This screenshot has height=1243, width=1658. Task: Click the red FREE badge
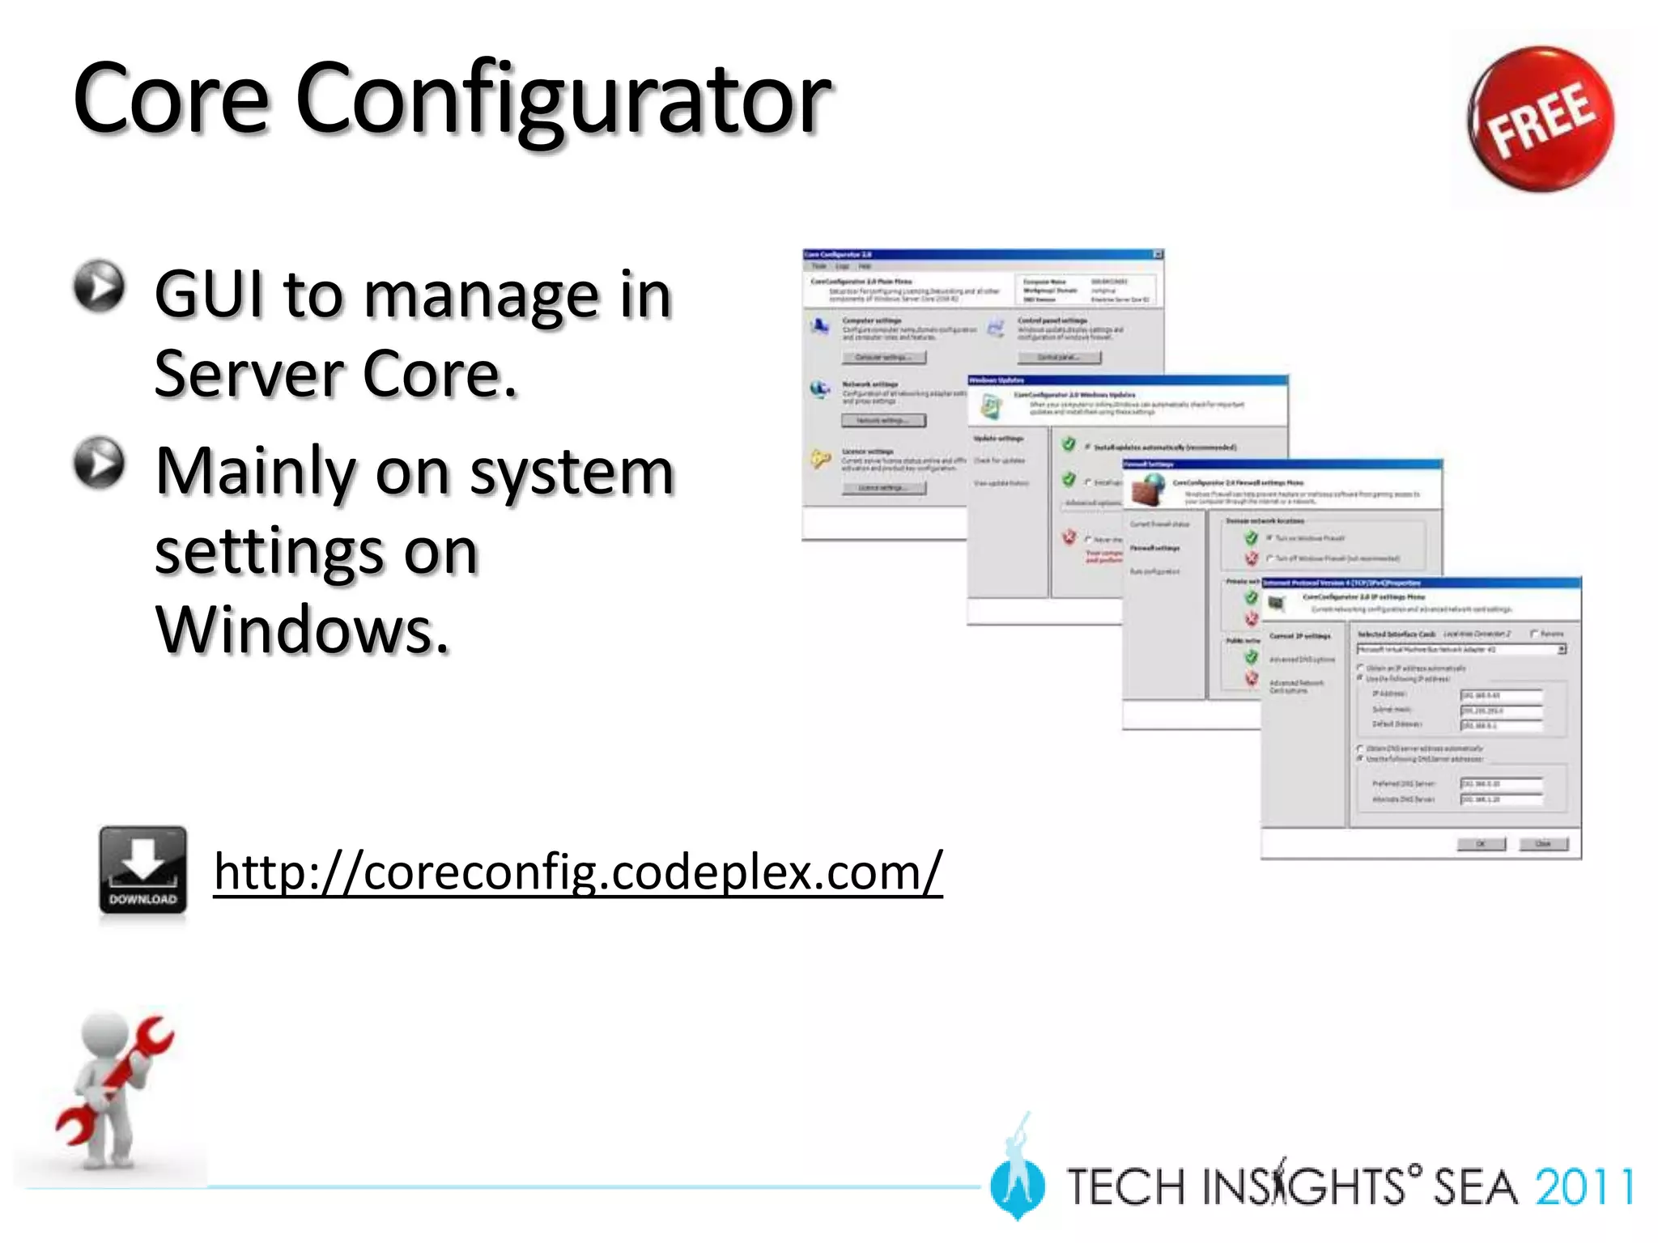coord(1540,119)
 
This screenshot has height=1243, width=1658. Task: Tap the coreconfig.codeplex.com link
coord(578,872)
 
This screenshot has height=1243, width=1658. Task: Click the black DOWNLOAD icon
coord(142,872)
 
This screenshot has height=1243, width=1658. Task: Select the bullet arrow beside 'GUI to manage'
coord(99,286)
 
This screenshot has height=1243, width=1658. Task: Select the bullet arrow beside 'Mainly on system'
coord(99,463)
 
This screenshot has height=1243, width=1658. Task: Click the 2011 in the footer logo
coord(1584,1187)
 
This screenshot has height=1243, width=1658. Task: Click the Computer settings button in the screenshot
coord(883,358)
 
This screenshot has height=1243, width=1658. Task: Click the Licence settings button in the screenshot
coord(883,488)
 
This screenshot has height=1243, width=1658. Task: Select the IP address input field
coord(1501,695)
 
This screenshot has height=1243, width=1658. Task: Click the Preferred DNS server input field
coord(1501,783)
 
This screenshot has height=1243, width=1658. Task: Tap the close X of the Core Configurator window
coord(1158,254)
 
